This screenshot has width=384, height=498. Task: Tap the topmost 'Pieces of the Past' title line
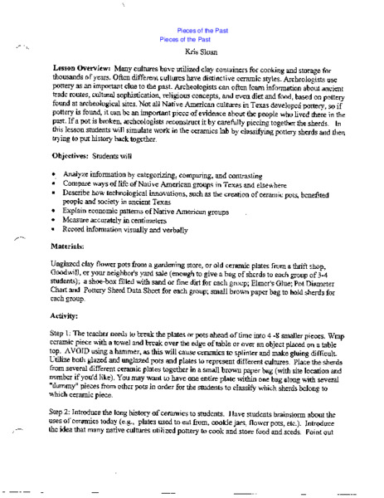(192, 30)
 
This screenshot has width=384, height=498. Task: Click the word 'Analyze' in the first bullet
(62, 173)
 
